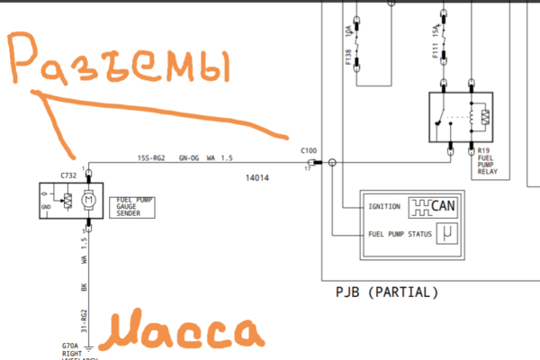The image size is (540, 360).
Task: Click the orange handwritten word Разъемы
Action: coord(121,67)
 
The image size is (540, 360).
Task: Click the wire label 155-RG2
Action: coord(151,158)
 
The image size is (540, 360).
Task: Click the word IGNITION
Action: coord(384,207)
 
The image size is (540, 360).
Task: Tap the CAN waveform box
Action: coord(433,207)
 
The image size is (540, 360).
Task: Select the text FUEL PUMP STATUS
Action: coord(400,236)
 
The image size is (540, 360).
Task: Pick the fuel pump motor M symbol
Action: coord(88,199)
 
